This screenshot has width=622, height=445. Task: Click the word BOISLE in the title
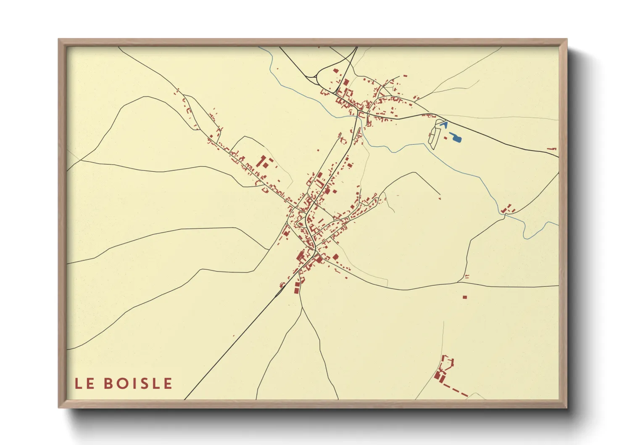pos(138,383)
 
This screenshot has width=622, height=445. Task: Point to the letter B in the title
pos(108,383)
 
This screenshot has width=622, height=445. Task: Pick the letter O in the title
pos(122,383)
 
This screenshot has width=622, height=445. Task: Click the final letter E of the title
pos(168,383)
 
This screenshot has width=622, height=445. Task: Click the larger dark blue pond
pos(455,137)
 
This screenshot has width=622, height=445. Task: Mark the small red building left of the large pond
pos(445,138)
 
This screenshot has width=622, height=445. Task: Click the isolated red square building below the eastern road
pos(464,297)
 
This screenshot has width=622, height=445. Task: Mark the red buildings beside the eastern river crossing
pos(509,209)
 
